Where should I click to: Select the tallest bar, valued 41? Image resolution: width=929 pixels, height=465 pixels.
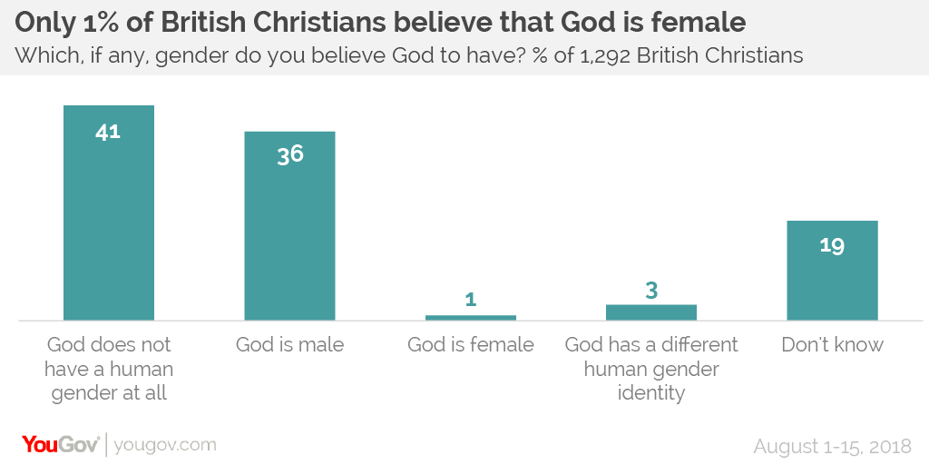click(109, 213)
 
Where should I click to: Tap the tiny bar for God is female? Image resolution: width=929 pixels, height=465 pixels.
click(471, 317)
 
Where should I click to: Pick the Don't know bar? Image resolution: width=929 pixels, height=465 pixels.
click(832, 270)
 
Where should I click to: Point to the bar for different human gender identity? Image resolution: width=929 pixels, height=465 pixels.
click(651, 312)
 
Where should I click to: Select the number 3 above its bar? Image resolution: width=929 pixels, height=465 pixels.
click(651, 291)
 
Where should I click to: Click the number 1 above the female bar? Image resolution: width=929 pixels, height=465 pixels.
click(471, 299)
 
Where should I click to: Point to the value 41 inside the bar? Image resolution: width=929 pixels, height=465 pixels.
click(108, 131)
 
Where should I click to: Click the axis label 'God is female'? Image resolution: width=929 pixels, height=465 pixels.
click(471, 345)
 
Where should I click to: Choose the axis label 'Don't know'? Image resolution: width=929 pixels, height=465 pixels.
click(832, 345)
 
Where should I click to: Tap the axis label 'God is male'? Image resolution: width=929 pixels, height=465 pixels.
click(289, 345)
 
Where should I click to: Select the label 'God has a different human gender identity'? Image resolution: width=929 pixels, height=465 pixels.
click(651, 369)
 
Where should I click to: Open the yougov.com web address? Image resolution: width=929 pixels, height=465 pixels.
click(165, 445)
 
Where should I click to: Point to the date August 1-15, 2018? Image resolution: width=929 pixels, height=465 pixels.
click(833, 446)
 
